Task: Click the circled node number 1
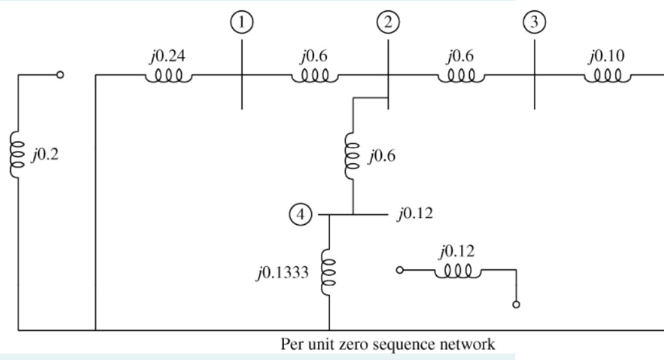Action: tap(241, 22)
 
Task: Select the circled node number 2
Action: tap(387, 22)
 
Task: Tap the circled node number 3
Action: tap(534, 22)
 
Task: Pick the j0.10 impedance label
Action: tap(605, 56)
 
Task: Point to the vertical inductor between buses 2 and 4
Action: tap(353, 156)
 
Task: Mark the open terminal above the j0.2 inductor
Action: tap(60, 75)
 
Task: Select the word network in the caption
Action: tap(475, 345)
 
